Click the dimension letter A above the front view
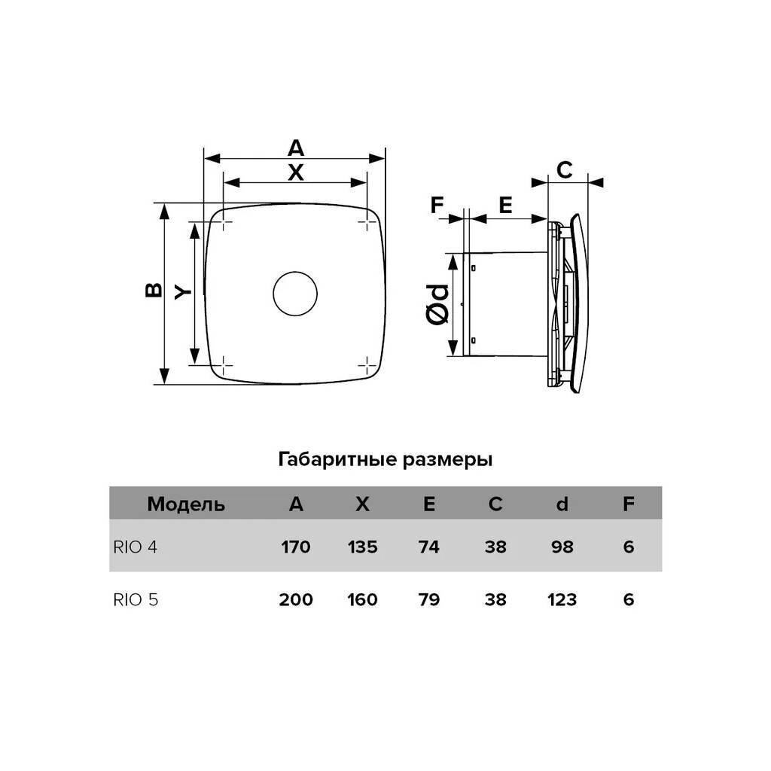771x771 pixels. click(x=295, y=148)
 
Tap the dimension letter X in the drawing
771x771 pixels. click(x=295, y=172)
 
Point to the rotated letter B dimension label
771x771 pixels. click(x=154, y=290)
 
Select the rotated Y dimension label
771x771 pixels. click(x=183, y=293)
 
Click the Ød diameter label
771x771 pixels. click(x=437, y=304)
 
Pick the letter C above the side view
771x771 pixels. click(x=565, y=170)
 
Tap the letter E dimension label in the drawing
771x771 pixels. click(x=505, y=205)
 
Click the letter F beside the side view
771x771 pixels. click(x=437, y=205)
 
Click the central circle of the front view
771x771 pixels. click(x=295, y=272)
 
